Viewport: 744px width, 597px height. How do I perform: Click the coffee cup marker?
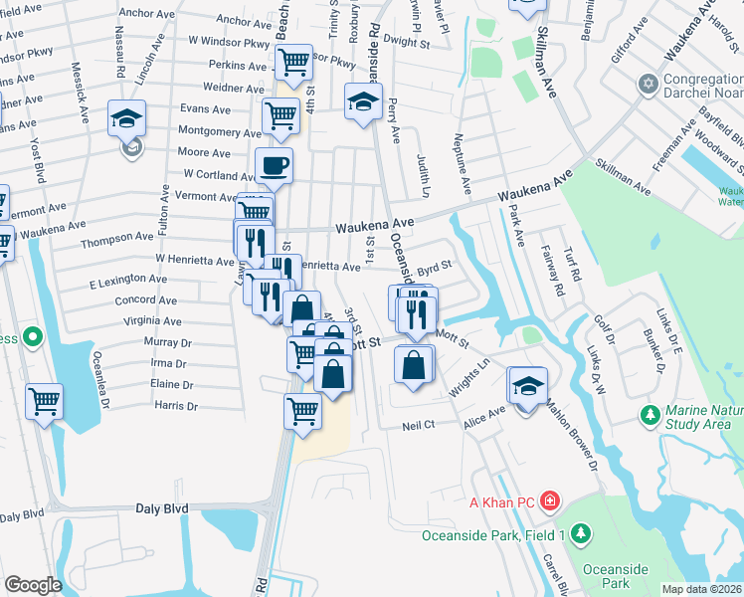274,165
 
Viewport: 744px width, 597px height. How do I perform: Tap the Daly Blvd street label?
161,508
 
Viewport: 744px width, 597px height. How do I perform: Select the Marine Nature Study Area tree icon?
651,413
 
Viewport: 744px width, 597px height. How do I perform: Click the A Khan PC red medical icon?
550,500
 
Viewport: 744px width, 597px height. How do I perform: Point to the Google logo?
33,585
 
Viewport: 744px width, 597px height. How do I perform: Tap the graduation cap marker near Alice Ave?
527,384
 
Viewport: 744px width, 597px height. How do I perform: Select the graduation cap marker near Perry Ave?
364,100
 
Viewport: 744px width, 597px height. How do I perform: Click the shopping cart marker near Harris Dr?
302,409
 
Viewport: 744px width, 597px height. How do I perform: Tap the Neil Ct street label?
419,425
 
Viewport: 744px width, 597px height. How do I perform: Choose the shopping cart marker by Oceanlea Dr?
44,401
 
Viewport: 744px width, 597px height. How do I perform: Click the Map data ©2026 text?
702,589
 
